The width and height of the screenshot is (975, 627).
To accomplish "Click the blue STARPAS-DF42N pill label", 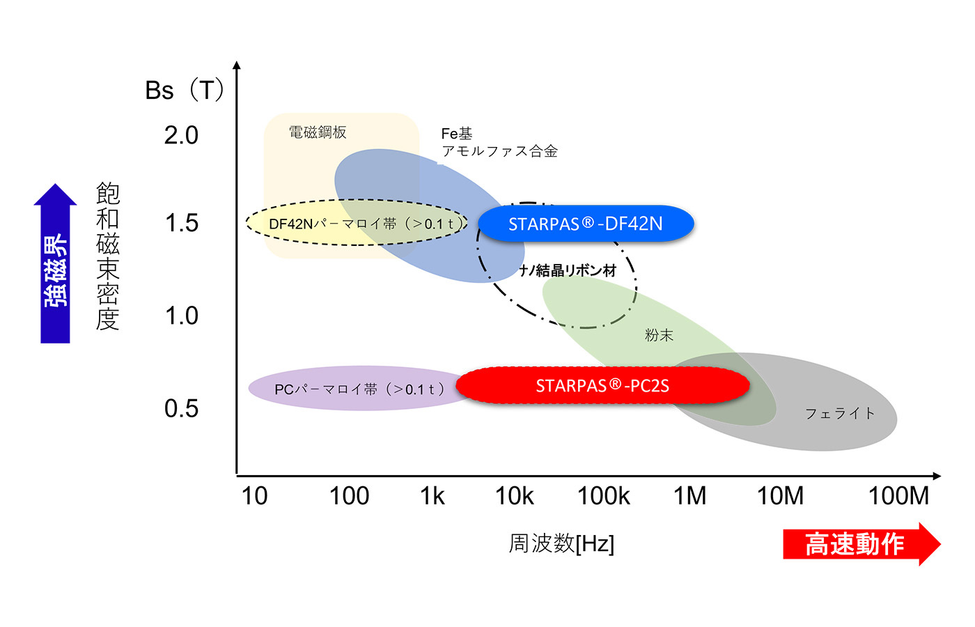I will click(x=586, y=224).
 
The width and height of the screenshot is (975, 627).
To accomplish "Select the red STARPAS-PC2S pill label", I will click(x=602, y=385).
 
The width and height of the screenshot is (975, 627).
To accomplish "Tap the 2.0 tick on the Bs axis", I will click(x=181, y=135).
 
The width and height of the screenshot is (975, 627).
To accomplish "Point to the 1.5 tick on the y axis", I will click(x=181, y=223).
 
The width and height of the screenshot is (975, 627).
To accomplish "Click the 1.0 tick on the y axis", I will click(x=181, y=316).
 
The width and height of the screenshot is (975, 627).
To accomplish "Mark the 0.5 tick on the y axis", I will click(x=181, y=408).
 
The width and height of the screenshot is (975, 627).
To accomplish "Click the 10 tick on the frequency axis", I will click(x=254, y=496).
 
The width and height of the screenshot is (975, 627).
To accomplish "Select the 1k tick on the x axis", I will click(x=432, y=496).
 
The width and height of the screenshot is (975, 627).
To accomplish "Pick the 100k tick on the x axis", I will click(x=603, y=496).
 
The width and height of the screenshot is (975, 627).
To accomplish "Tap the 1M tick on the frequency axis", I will click(x=689, y=496).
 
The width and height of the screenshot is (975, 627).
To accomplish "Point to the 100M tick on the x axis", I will click(x=898, y=496).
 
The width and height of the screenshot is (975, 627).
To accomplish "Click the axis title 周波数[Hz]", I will click(x=561, y=543).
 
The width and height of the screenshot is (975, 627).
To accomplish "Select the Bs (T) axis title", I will click(x=185, y=91).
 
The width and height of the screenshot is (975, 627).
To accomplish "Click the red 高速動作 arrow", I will click(x=861, y=544).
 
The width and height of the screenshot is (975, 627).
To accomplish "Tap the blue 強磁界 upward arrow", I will click(x=56, y=265).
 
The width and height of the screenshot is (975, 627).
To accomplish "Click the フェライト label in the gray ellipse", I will click(x=840, y=413).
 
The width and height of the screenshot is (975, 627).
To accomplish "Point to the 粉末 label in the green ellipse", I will click(x=659, y=335).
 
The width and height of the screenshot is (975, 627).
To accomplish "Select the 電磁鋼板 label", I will click(x=318, y=132).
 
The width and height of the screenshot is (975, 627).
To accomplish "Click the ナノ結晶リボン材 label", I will click(x=568, y=270).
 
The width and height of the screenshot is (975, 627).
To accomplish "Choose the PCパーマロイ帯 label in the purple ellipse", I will click(x=359, y=389).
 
